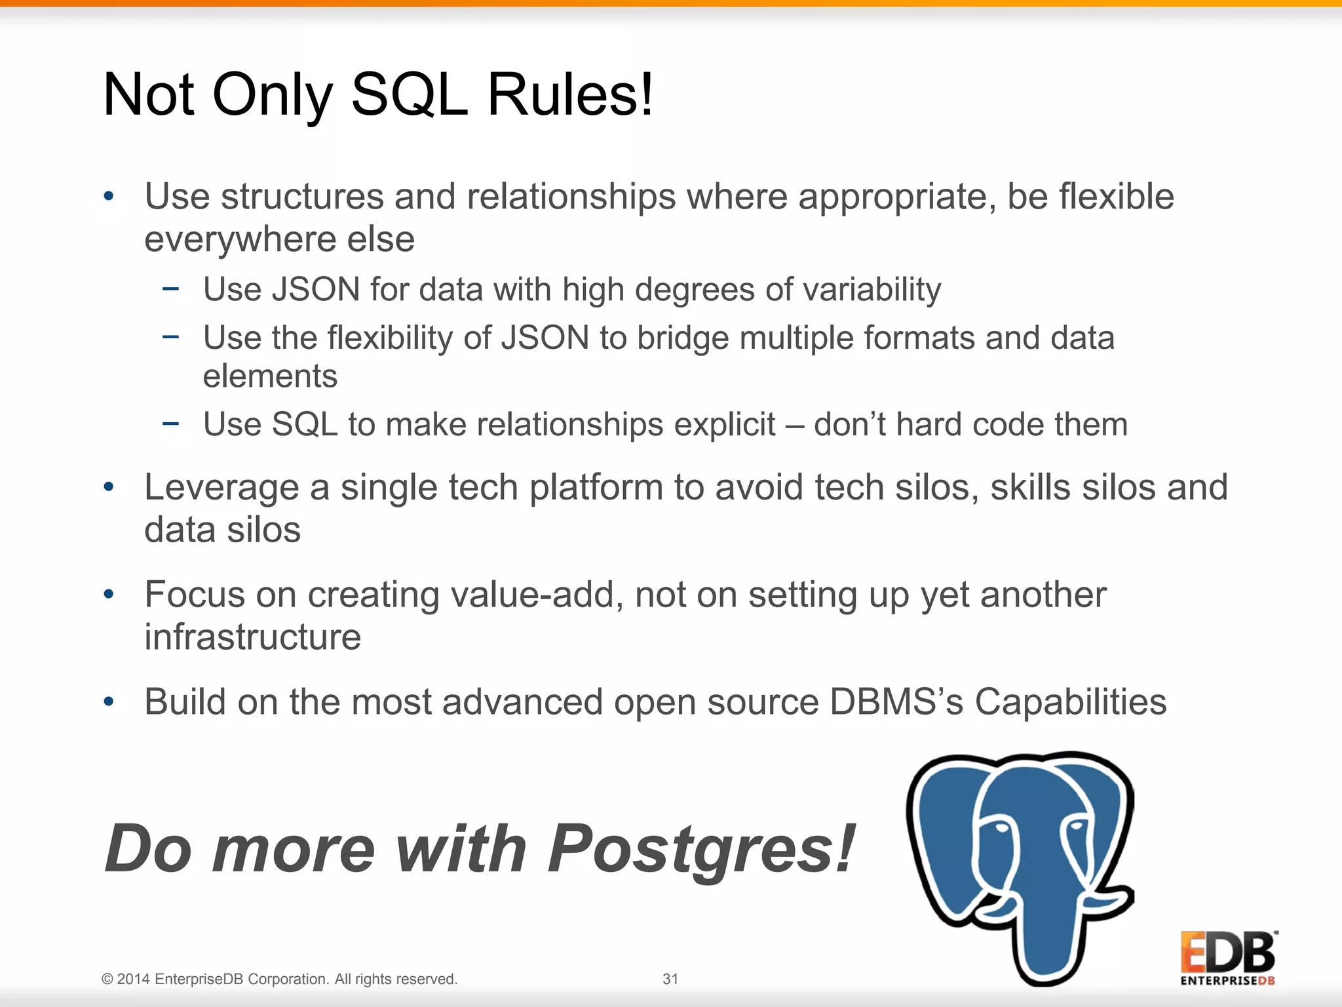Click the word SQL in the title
pyautogui.click(x=409, y=96)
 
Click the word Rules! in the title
pyautogui.click(x=570, y=96)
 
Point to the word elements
pyautogui.click(x=270, y=377)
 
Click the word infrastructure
pyautogui.click(x=252, y=637)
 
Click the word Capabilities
pyautogui.click(x=1070, y=702)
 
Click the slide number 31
pyautogui.click(x=670, y=979)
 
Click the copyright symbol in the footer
pyautogui.click(x=107, y=979)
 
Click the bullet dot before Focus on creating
pyautogui.click(x=109, y=595)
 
